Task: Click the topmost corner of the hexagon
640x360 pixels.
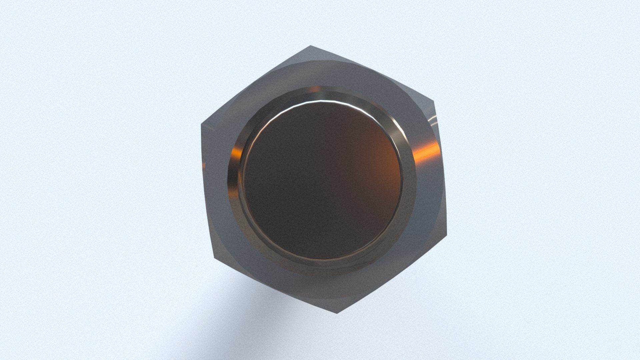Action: pyautogui.click(x=311, y=46)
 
